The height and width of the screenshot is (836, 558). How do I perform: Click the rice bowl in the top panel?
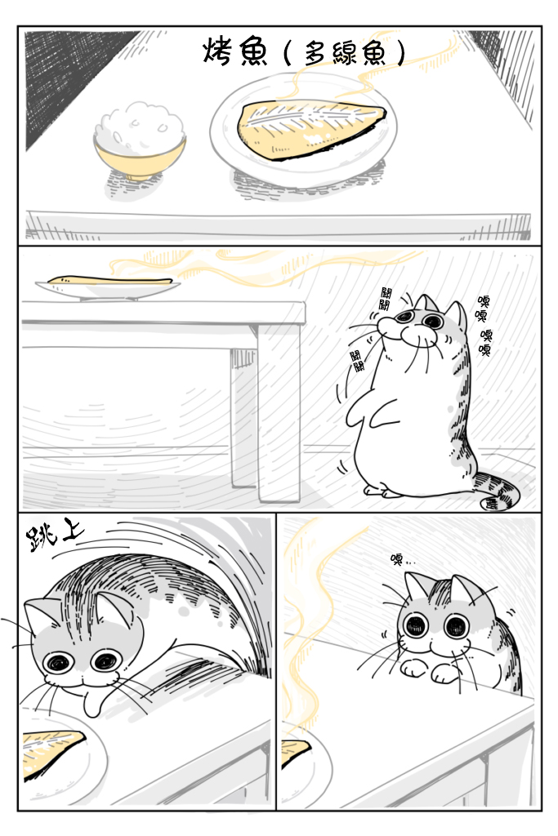140,143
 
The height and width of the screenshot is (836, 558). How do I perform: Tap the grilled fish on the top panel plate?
311,129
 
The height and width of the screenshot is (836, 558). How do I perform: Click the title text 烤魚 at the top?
234,53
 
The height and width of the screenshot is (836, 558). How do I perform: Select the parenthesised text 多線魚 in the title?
344,54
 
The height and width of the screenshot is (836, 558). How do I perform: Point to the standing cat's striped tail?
499,491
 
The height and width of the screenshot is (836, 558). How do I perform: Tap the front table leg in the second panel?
279,411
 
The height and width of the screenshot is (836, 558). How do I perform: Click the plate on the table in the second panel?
108,288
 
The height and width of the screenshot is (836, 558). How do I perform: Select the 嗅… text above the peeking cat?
403,559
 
